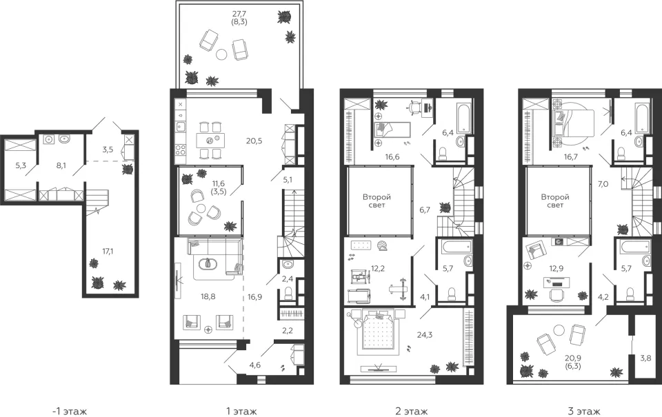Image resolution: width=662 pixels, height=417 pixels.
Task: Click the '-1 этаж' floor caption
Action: (x=70, y=411)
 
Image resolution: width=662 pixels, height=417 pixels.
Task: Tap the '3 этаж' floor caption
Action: (x=584, y=411)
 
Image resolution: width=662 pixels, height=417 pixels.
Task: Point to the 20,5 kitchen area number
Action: (x=254, y=141)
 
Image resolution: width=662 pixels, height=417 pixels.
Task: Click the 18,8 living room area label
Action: (x=208, y=296)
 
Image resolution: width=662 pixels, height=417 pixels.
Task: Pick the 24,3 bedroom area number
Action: (x=424, y=335)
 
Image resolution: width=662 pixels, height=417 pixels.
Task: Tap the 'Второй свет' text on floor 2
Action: (x=377, y=201)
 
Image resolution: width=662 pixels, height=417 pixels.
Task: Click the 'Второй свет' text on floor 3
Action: (x=555, y=201)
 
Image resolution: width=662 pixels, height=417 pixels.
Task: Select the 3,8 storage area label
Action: (x=645, y=358)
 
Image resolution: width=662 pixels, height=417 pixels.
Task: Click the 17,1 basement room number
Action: (x=108, y=251)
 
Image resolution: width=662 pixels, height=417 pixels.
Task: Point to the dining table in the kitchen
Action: (x=210, y=140)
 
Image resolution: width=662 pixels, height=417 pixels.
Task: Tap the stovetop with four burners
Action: (x=180, y=150)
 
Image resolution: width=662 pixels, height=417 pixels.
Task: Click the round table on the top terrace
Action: (x=221, y=54)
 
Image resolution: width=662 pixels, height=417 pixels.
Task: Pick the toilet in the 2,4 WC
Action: (x=288, y=293)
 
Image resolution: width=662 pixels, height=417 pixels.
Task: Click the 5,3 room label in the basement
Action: (x=21, y=165)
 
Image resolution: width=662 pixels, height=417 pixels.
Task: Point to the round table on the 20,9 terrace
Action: (x=559, y=329)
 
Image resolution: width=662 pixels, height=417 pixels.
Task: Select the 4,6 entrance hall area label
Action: (x=254, y=365)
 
